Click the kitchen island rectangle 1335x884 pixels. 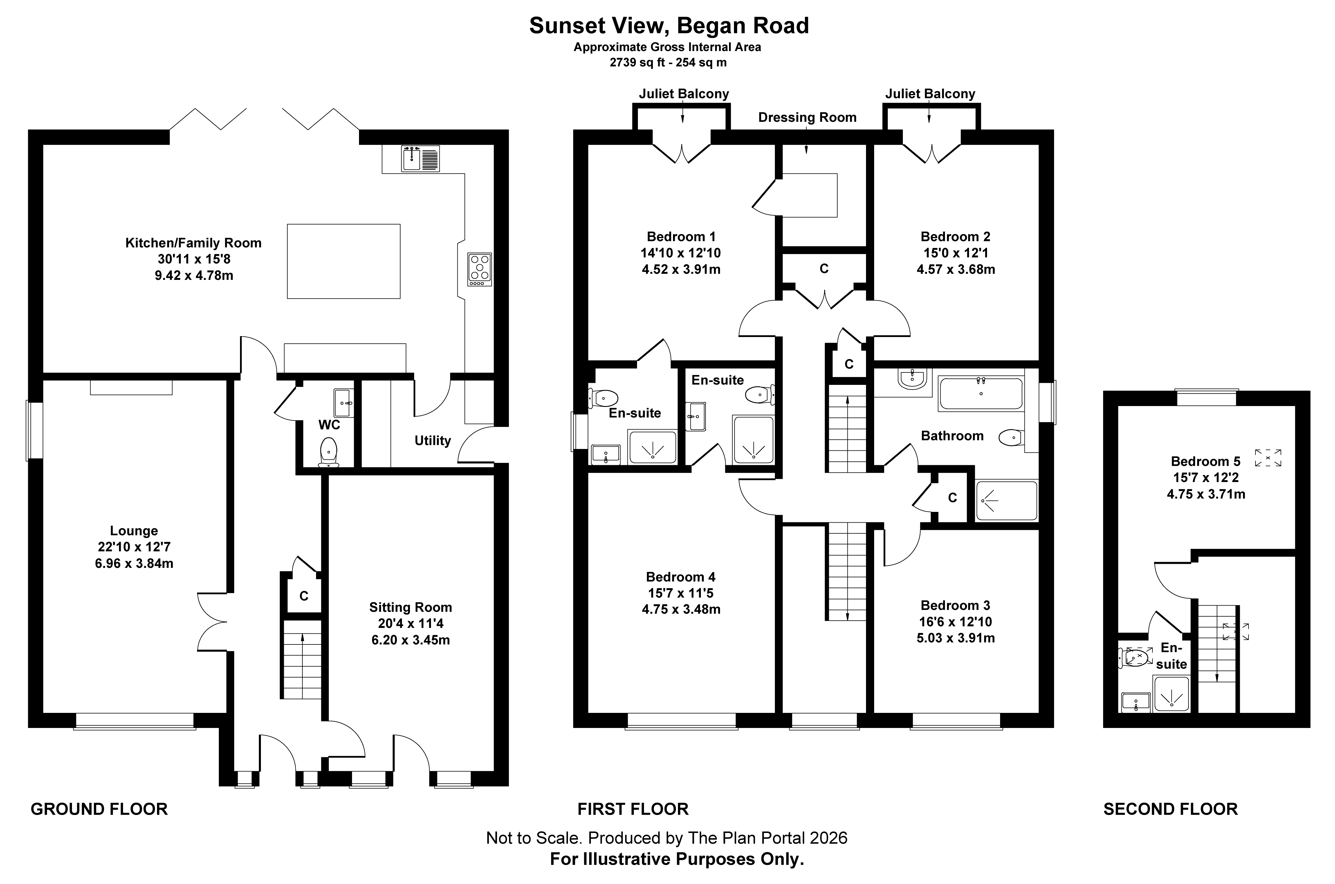tap(344, 261)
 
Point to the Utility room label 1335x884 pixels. tap(433, 441)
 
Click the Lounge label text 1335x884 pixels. tap(134, 530)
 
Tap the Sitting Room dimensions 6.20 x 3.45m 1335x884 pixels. tap(411, 640)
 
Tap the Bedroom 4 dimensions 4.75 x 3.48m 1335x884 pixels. tap(681, 609)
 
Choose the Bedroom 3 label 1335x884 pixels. tap(955, 606)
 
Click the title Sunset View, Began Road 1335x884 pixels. tap(669, 26)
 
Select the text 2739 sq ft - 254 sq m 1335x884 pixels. tap(668, 63)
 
